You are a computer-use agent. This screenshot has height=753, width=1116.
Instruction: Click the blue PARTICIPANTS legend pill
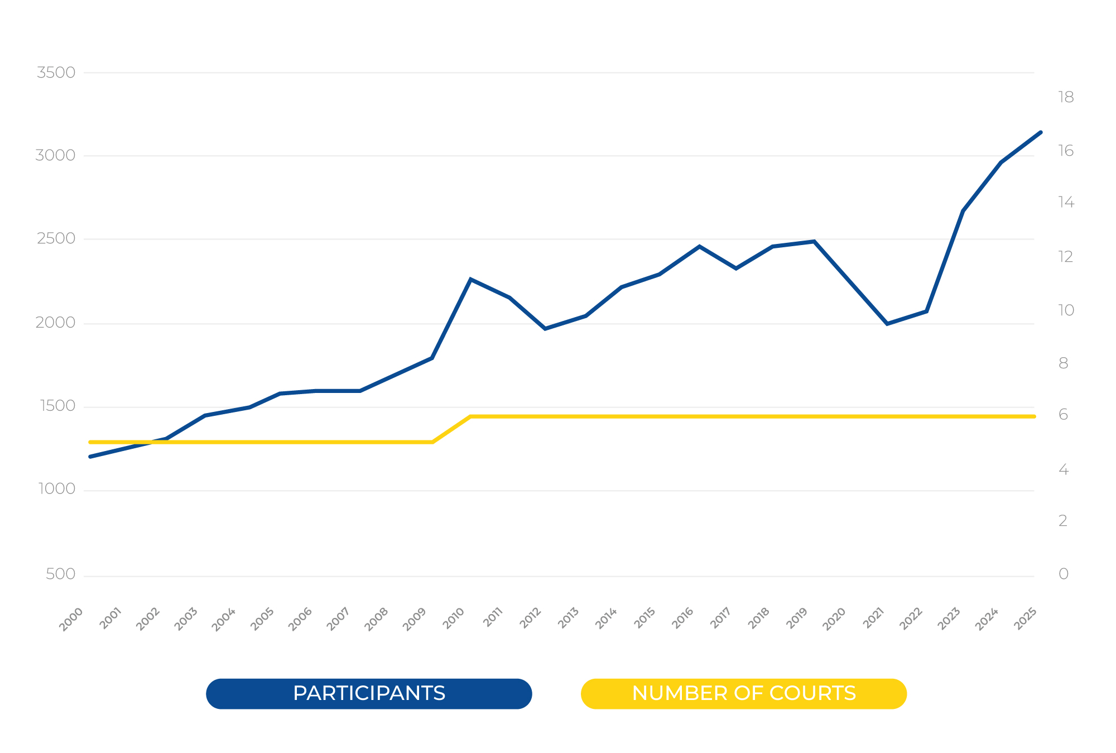pos(369,693)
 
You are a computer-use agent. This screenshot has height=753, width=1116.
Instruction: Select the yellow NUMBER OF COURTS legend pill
pos(743,693)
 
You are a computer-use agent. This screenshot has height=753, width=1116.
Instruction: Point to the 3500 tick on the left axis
pos(56,73)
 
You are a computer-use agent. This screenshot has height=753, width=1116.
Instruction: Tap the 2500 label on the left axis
pos(56,239)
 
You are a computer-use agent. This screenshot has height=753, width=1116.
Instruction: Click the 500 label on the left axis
pos(60,574)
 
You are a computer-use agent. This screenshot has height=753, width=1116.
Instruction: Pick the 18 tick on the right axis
pos(1066,98)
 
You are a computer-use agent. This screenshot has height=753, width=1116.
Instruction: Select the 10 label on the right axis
pos(1066,310)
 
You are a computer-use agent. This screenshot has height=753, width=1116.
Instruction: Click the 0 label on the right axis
pos(1064,574)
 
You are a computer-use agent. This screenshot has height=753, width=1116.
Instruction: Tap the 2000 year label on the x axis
pos(71,619)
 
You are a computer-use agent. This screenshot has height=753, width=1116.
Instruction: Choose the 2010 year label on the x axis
pos(454,619)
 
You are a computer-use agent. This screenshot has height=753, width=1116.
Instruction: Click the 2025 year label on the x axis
pos(1026,619)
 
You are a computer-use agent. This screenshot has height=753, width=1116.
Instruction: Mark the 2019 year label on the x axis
pos(797,619)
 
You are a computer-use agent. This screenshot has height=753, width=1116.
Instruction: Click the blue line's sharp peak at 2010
pos(470,279)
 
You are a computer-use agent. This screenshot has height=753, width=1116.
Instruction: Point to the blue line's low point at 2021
pos(887,324)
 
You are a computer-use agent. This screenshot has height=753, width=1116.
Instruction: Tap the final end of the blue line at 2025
pos(1041,132)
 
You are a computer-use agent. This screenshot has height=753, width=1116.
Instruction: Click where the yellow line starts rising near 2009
pos(432,442)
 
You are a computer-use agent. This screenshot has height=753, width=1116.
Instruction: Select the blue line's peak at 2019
pos(814,241)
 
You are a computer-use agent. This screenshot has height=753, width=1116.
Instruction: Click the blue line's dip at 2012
pos(545,329)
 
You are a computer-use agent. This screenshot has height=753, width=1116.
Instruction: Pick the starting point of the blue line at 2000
pos(90,457)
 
